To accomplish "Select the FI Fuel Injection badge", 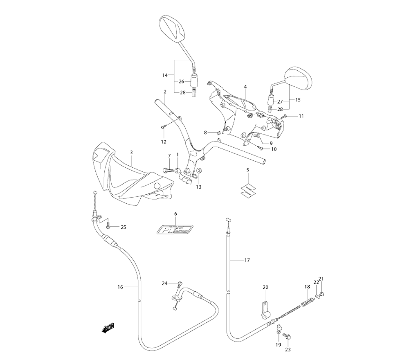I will (x=176, y=228).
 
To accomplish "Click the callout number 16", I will (x=120, y=287).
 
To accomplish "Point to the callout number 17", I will (x=247, y=260).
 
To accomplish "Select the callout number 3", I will (x=131, y=153).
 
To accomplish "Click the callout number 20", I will (x=265, y=287).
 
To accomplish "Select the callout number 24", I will (x=164, y=283).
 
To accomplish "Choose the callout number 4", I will (x=245, y=87).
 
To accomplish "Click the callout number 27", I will (x=280, y=102).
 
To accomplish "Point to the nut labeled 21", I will (x=322, y=293).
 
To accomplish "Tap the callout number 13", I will (x=198, y=187).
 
